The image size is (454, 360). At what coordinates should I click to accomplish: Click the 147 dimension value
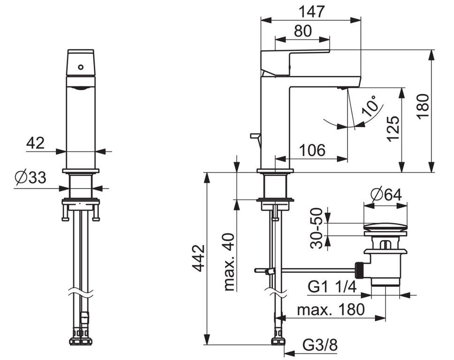pos(311,12)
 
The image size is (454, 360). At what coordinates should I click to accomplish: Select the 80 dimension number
pos(303,30)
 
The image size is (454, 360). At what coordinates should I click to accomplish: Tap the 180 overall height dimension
pos(423,105)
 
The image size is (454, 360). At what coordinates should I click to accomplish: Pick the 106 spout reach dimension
pos(312,150)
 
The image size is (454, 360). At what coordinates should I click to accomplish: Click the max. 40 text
pos(229,262)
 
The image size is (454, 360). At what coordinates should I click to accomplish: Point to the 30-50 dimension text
pos(316,228)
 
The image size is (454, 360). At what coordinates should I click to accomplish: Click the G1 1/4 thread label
pos(332,287)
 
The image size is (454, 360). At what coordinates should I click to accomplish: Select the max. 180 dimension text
pos(331,310)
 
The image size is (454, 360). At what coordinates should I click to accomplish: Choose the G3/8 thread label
pos(320,345)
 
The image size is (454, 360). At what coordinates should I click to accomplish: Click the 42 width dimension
pos(35,143)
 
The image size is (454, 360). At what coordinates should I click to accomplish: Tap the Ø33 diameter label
pos(30,177)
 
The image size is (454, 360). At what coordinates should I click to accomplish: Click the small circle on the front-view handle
pos(81,67)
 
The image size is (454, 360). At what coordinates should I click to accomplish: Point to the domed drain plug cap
pos(386,226)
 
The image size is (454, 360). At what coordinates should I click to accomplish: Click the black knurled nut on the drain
pos(359,270)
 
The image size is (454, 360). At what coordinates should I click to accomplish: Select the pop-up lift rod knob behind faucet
pos(255,135)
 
